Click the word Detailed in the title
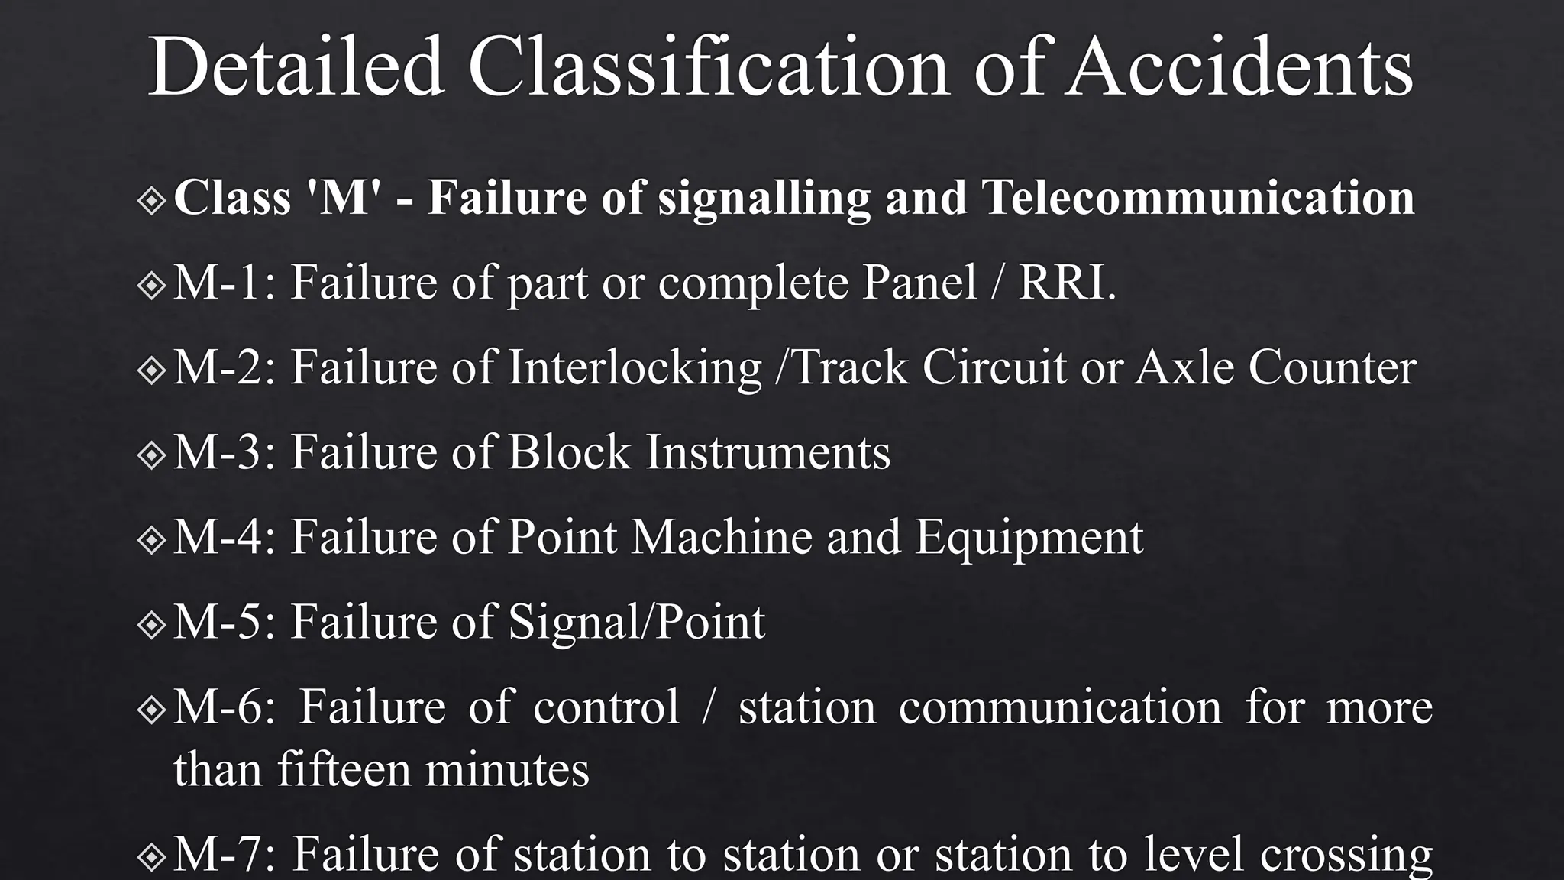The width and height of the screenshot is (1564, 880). [296, 66]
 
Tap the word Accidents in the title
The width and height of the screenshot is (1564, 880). [1239, 66]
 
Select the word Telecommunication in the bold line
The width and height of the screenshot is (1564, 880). [1197, 197]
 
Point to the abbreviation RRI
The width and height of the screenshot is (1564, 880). [1067, 283]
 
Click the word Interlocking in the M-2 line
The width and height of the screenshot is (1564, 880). [635, 367]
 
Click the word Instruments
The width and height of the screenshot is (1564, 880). [768, 452]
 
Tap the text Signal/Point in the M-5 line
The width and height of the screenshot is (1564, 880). [636, 623]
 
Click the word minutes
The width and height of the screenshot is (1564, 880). [507, 768]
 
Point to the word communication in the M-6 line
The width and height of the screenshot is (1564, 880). [1060, 707]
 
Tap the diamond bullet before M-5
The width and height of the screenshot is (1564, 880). [152, 625]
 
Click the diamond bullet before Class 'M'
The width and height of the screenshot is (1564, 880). [152, 200]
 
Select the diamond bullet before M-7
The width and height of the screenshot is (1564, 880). [152, 857]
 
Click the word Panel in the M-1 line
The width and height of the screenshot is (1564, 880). [919, 283]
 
